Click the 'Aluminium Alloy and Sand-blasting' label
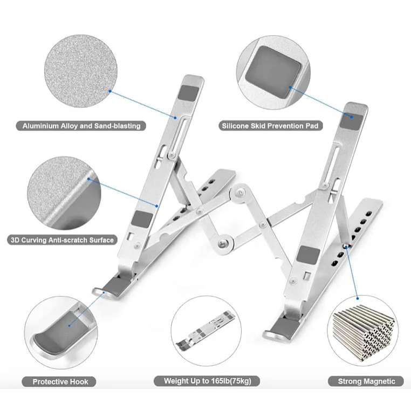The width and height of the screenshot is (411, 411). click(x=81, y=126)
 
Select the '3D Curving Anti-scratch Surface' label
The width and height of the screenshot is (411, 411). click(x=62, y=239)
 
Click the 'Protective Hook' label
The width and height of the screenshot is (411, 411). click(x=60, y=381)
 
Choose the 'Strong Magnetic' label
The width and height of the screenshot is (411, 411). click(x=366, y=381)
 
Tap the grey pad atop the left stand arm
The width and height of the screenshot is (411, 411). click(x=189, y=92)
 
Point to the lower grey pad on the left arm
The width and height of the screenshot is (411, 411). click(x=142, y=219)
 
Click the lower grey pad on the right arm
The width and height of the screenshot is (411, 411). click(x=307, y=254)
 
